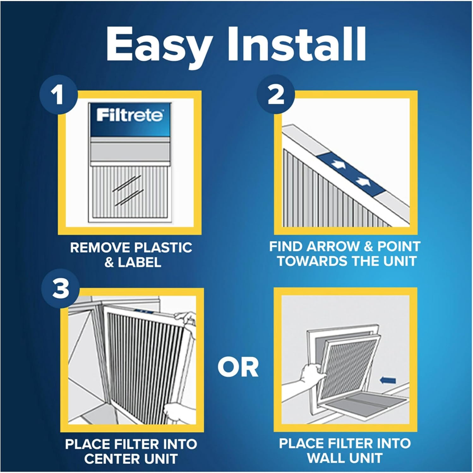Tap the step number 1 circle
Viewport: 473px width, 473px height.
click(x=58, y=94)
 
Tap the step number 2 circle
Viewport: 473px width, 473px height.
click(x=276, y=94)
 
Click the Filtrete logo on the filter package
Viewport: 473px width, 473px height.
click(x=130, y=115)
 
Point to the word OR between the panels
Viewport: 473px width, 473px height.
click(x=238, y=367)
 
